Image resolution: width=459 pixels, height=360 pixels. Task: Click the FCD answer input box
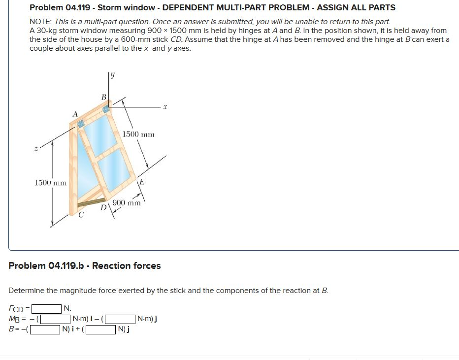click(47, 309)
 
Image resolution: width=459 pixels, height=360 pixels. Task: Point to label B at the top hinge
click(103, 97)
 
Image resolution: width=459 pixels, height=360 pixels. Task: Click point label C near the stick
click(81, 215)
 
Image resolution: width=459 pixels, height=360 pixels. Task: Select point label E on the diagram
click(142, 182)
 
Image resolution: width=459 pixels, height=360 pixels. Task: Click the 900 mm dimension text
click(127, 203)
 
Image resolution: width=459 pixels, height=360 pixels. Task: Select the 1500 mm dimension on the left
click(51, 183)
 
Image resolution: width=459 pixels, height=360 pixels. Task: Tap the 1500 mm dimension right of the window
click(138, 134)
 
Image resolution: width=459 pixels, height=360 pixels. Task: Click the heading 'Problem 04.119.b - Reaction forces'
click(85, 266)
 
